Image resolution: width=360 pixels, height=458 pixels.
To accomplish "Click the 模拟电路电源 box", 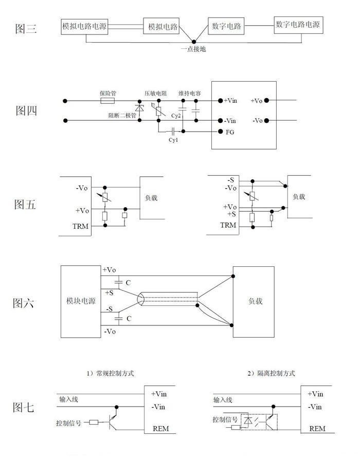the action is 84,27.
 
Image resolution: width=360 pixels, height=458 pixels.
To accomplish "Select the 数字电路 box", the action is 226,26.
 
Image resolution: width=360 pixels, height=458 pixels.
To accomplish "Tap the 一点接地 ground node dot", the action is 194,42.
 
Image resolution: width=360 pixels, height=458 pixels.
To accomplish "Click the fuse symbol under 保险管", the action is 107,101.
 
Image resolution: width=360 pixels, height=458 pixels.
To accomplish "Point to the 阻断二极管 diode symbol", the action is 140,108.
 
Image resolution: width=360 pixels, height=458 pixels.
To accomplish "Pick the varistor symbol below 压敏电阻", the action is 159,111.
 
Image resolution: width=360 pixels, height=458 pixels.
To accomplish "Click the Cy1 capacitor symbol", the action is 173,131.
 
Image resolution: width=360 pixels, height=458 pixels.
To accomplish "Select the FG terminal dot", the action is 221,132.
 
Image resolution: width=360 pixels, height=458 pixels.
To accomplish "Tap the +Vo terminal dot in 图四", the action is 266,100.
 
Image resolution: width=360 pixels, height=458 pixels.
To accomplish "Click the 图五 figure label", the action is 25,204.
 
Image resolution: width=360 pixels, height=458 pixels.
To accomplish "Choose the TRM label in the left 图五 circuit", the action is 80,226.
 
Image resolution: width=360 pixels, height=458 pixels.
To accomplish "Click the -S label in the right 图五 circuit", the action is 231,180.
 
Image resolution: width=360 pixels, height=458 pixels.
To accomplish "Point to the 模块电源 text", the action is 81,301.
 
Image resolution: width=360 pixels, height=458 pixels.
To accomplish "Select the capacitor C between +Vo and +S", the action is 118,282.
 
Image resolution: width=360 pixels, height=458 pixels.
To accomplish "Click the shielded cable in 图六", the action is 168,299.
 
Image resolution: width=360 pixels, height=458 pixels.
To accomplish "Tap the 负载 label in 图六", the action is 255,301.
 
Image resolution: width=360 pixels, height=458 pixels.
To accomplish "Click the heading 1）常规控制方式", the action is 110,373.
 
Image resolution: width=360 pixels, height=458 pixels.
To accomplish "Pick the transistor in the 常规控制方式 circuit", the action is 113,420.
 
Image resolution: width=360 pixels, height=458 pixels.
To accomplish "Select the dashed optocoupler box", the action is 259,422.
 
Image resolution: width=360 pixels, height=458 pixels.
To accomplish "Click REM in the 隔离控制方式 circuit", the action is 317,429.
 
